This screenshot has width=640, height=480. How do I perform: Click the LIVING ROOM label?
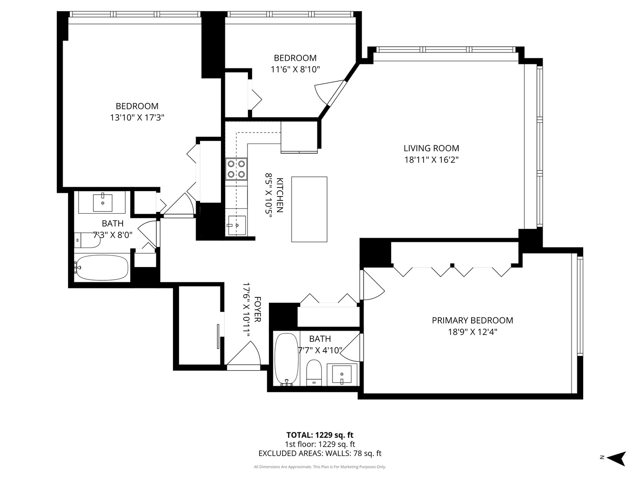click(x=431, y=148)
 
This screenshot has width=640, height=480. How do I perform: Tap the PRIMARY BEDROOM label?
click(x=472, y=320)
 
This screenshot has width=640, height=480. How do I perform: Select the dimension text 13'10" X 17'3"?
click(x=137, y=118)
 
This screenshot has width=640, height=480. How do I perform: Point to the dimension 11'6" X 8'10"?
click(x=295, y=69)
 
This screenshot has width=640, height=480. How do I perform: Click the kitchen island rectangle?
click(x=309, y=209)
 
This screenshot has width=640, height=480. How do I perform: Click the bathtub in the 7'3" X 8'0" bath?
click(x=102, y=268)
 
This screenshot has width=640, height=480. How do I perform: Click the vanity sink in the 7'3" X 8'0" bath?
click(x=103, y=203)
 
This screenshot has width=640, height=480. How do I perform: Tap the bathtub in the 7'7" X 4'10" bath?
click(x=286, y=359)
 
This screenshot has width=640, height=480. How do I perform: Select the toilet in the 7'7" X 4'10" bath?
click(x=314, y=372)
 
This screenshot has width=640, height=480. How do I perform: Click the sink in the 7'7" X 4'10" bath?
click(x=342, y=374)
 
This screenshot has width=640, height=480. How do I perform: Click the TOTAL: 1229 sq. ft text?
click(x=320, y=435)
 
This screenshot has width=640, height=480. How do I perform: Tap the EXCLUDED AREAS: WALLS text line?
click(x=320, y=453)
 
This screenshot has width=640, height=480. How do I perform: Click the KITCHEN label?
click(x=280, y=195)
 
